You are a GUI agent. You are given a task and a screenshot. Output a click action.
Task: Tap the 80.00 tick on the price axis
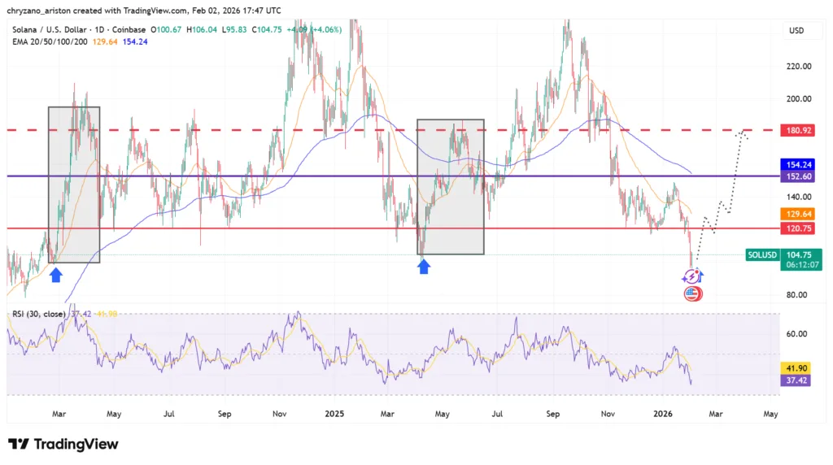pos(798,295)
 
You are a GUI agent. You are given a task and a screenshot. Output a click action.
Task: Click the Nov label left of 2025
pos(279,414)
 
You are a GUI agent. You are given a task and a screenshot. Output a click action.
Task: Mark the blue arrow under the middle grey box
pos(424,266)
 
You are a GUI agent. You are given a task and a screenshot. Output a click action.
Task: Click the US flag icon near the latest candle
pos(691,293)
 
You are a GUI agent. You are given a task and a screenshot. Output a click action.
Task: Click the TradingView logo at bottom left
pos(63,444)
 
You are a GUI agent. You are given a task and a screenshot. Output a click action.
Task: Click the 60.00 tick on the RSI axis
pos(798,333)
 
